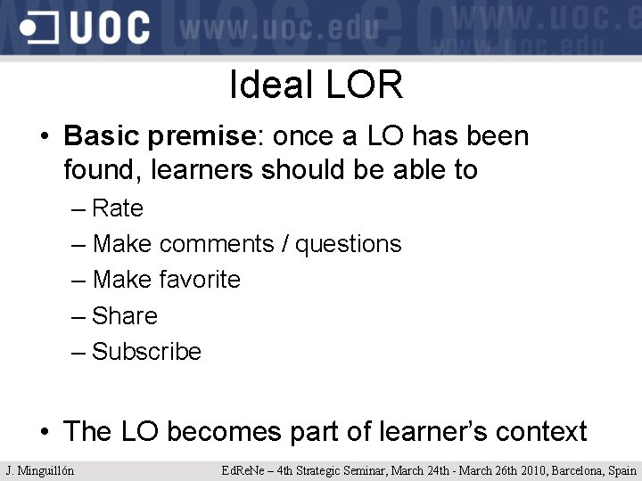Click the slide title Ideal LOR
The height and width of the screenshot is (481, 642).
pyautogui.click(x=317, y=86)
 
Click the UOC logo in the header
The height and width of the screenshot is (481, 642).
pyautogui.click(x=86, y=28)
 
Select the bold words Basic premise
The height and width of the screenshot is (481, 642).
pyautogui.click(x=160, y=136)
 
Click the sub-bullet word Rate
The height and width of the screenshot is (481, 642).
pyautogui.click(x=118, y=208)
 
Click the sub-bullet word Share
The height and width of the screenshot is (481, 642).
pyautogui.click(x=125, y=316)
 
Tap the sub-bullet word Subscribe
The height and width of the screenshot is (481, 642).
pyautogui.click(x=147, y=352)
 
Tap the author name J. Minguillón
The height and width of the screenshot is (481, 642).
pyautogui.click(x=40, y=470)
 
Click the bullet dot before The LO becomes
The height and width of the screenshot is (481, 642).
pyautogui.click(x=44, y=433)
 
